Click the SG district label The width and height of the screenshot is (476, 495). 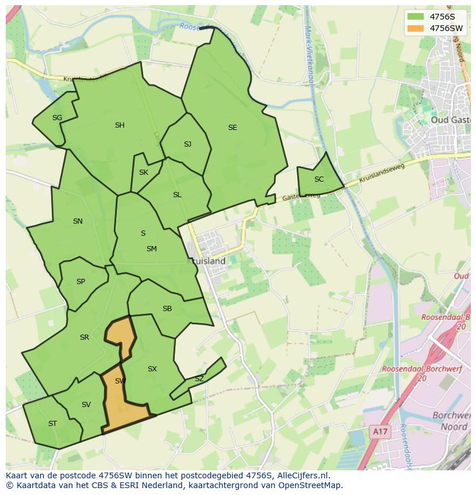point(57,118)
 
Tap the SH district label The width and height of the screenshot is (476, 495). point(120,125)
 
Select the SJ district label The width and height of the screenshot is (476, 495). point(187,144)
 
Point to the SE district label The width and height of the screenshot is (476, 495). point(232,128)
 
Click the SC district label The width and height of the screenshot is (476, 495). point(319,179)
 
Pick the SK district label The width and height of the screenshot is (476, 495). point(144,172)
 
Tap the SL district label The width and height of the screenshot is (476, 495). point(177,195)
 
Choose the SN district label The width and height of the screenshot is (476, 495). point(78,221)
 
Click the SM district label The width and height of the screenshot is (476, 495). point(151,249)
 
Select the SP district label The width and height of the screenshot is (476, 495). point(80,282)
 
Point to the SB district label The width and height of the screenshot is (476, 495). point(167,309)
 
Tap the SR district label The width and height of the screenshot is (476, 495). point(85,337)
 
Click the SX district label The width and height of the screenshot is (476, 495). point(152,369)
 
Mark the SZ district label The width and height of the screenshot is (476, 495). point(199,379)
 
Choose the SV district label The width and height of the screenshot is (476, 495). point(86,405)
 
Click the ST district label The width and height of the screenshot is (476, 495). point(52,424)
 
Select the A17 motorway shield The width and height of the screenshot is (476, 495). point(378,431)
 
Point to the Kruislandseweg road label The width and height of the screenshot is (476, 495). point(382,174)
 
